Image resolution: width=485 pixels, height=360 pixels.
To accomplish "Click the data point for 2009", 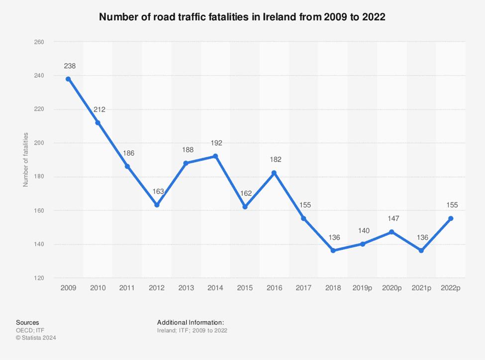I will (x=68, y=79).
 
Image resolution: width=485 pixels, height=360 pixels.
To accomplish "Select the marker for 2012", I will (x=157, y=205).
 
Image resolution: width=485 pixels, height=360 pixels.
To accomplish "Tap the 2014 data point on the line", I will (x=215, y=156).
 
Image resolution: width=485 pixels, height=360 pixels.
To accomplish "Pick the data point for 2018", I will (x=333, y=251).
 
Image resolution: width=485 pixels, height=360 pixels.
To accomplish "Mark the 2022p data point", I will (x=451, y=218).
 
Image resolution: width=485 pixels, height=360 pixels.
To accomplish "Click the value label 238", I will (x=69, y=66).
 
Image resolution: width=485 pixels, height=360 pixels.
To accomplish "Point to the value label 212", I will (x=99, y=109).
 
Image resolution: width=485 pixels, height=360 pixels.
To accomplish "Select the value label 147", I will (x=392, y=219).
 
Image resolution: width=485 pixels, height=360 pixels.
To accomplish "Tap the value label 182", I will (x=275, y=160).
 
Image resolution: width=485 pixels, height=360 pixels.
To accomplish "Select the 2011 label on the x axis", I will (x=127, y=288).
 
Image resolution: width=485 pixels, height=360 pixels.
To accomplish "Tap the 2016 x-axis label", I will (x=274, y=288).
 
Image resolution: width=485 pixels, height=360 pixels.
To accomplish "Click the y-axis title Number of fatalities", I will (x=25, y=160).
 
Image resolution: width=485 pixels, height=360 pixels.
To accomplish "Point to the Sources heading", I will (x=27, y=323).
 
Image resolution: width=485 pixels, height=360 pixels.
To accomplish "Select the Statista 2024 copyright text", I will (x=36, y=338).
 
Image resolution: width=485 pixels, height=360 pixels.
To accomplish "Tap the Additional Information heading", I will (x=191, y=323).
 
